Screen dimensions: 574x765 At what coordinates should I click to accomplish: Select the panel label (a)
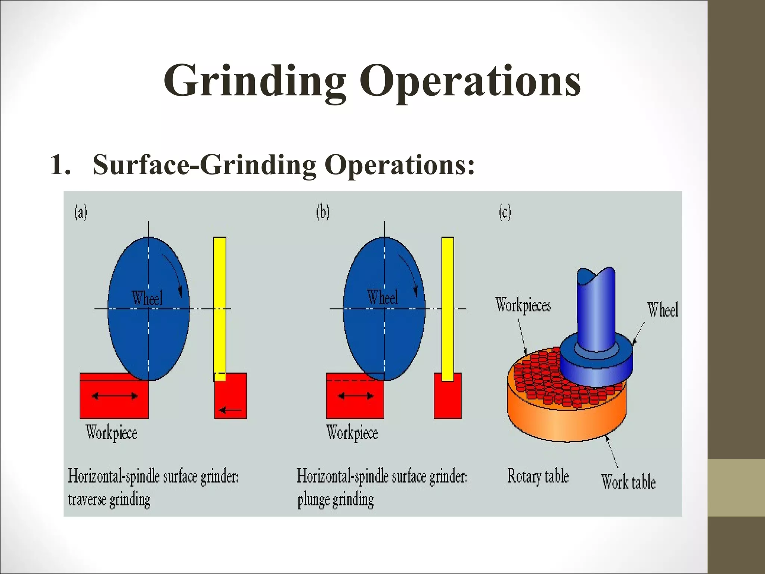(x=81, y=213)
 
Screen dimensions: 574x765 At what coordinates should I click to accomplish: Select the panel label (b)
(x=323, y=213)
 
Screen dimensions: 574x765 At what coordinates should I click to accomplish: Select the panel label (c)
(x=505, y=213)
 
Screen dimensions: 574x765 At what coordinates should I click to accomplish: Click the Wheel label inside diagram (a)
(x=147, y=298)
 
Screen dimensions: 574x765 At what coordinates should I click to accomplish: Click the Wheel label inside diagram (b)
(x=382, y=297)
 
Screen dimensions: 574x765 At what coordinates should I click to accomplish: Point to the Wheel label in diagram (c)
(x=662, y=310)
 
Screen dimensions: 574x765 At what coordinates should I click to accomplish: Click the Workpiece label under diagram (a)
(x=111, y=433)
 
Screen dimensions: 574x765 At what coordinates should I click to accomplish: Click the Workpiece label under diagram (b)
(x=352, y=433)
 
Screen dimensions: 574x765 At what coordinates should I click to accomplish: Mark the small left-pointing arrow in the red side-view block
(x=230, y=410)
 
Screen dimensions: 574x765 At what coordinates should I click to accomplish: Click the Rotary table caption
(x=538, y=476)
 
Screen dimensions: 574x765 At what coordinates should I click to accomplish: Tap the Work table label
(x=628, y=482)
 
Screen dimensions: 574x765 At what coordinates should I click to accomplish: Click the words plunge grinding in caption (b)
(x=335, y=500)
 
